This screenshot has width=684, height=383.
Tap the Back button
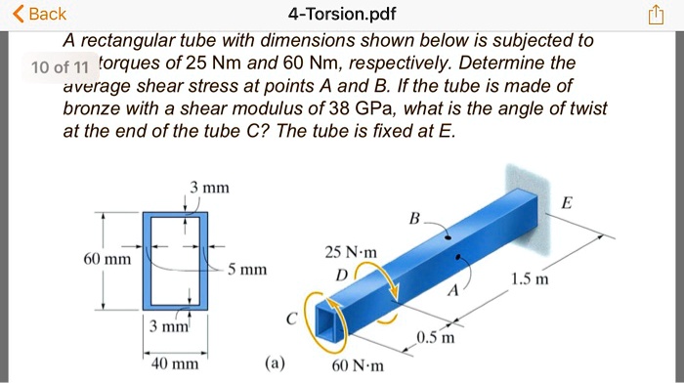(37, 14)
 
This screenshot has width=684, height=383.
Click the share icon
(654, 15)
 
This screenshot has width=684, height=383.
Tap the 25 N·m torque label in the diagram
(346, 252)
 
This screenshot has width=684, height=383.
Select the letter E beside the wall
(568, 202)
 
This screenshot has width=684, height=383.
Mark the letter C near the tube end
(291, 319)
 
